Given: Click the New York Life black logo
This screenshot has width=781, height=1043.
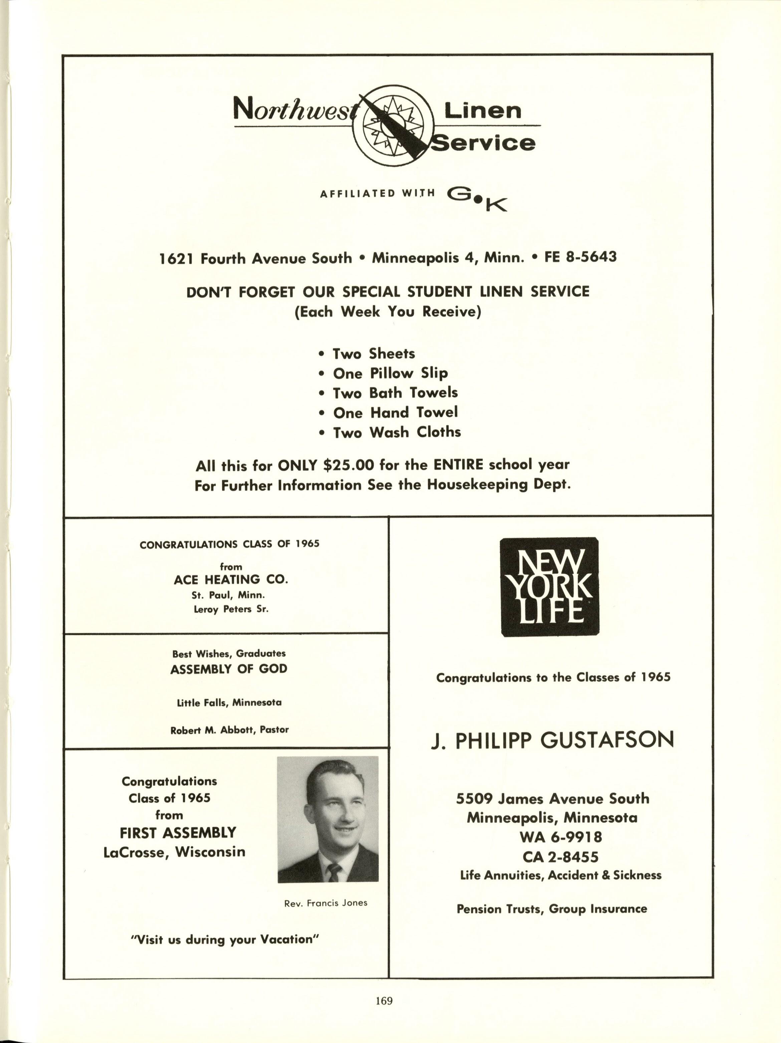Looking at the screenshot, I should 549,587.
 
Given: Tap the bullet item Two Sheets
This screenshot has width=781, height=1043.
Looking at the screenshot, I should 373,354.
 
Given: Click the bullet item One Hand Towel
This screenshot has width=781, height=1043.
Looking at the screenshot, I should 395,413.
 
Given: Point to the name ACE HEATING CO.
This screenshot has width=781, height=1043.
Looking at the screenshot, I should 231,580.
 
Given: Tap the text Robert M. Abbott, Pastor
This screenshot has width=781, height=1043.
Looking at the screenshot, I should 230,729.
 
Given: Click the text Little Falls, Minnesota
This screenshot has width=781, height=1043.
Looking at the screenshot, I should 229,702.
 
